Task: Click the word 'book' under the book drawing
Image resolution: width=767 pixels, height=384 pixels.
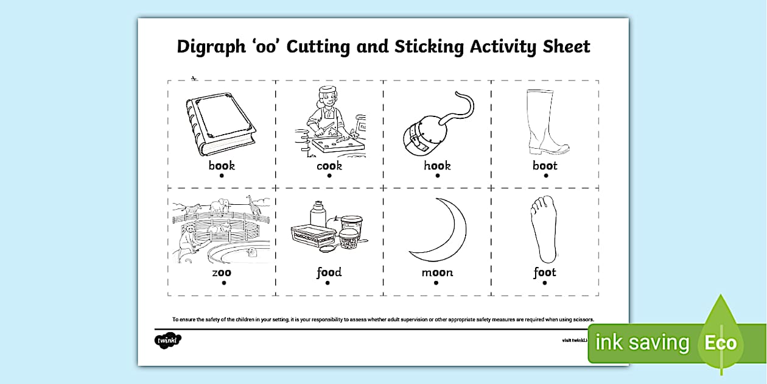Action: [x=222, y=165]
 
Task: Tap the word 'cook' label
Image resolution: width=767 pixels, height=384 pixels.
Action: [x=329, y=165]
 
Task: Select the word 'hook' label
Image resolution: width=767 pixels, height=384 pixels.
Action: [x=437, y=165]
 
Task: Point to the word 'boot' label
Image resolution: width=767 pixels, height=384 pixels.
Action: [x=545, y=165]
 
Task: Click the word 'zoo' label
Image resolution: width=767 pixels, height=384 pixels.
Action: [x=222, y=272]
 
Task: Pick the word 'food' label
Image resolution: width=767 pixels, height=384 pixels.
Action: [x=329, y=272]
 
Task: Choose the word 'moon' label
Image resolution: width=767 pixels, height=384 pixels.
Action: [x=437, y=272]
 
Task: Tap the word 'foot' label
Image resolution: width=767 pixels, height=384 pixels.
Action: [x=545, y=272]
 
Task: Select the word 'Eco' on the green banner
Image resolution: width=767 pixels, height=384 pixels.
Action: [x=721, y=343]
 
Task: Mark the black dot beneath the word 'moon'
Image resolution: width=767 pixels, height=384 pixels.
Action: [x=436, y=283]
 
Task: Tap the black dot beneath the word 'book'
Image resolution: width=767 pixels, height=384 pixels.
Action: [x=222, y=176]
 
